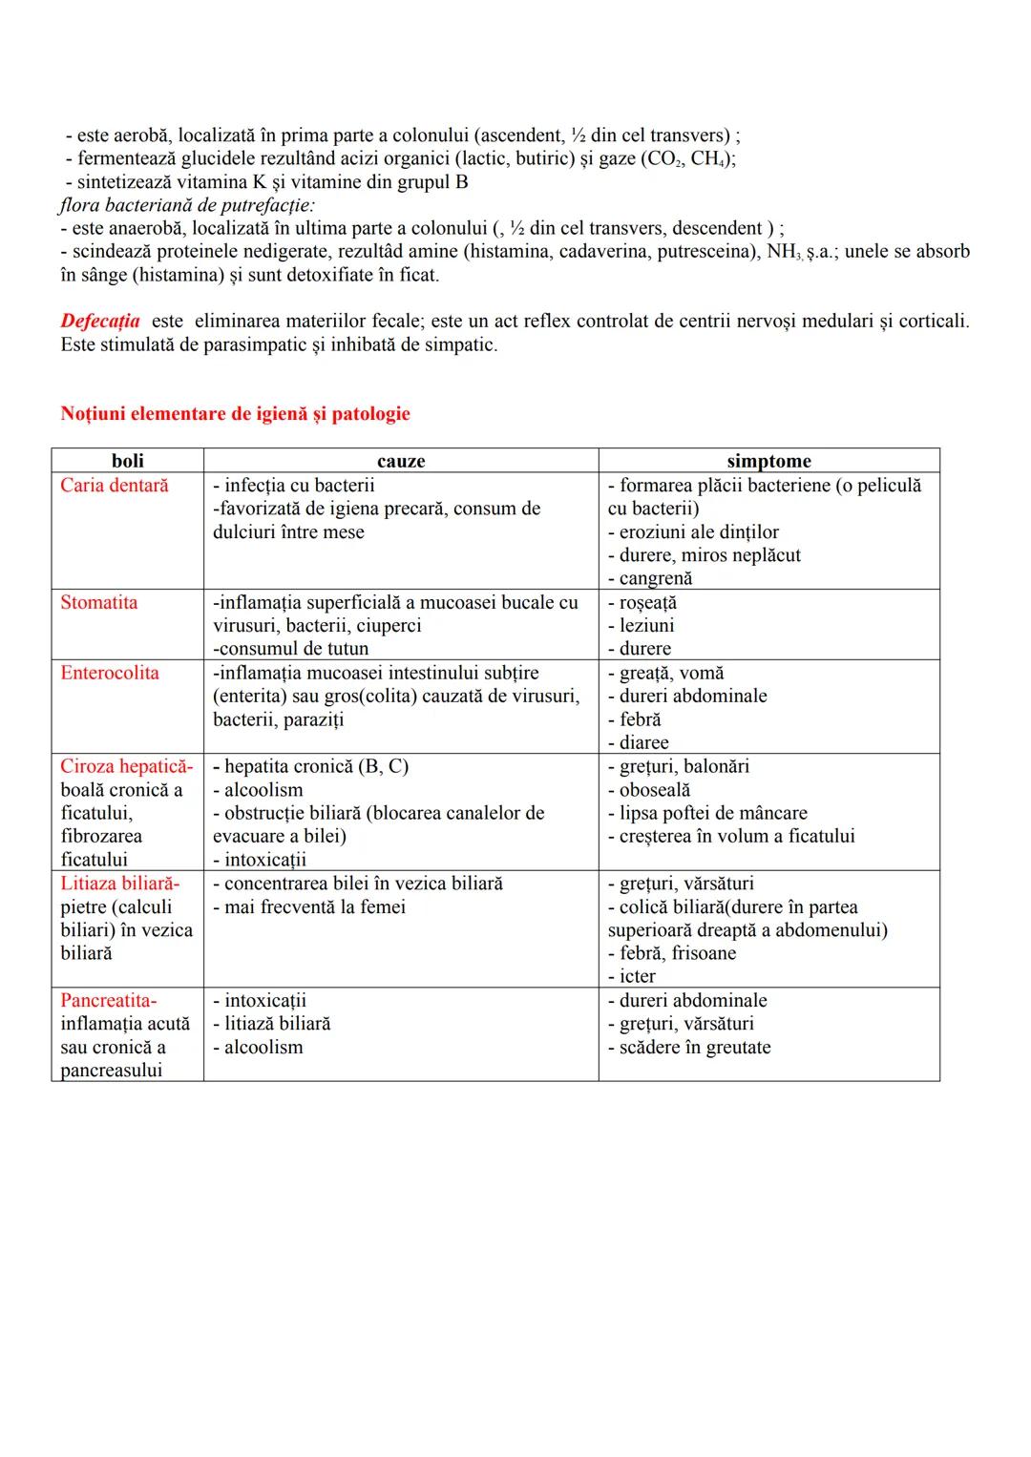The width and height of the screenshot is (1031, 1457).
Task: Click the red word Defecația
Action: click(x=100, y=322)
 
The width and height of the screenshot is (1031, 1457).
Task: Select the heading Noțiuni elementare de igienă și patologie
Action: click(x=235, y=414)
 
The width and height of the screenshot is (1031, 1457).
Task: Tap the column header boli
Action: click(x=128, y=461)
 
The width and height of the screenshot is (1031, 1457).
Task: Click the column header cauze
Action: click(x=401, y=461)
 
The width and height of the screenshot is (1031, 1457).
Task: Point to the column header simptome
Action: click(x=768, y=461)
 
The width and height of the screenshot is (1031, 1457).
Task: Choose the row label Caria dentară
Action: click(x=115, y=486)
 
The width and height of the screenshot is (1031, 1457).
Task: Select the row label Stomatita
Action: click(x=99, y=602)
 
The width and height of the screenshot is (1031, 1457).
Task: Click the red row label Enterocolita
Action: click(x=110, y=673)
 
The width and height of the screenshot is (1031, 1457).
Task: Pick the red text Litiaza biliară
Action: click(x=119, y=884)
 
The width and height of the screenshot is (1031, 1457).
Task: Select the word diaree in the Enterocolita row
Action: click(x=644, y=742)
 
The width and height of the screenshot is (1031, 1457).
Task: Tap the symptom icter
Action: click(x=637, y=976)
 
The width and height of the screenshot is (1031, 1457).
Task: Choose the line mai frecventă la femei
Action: click(x=314, y=906)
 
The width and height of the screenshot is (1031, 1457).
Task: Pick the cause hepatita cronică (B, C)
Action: click(x=316, y=766)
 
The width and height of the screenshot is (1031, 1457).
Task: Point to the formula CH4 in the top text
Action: click(x=706, y=159)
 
